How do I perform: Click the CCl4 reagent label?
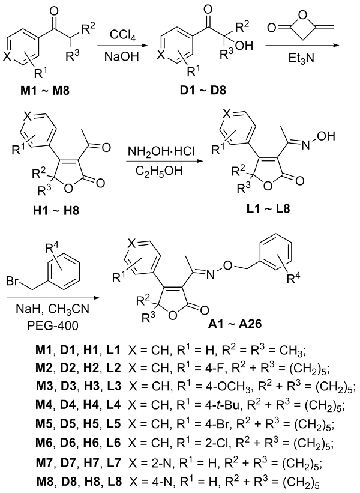pyautogui.click(x=123, y=35)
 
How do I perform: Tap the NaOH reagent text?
pyautogui.click(x=122, y=56)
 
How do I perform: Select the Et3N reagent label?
pyautogui.click(x=301, y=58)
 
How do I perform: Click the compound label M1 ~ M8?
pyautogui.click(x=44, y=91)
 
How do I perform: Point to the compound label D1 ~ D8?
pyautogui.click(x=203, y=91)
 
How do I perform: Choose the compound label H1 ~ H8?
pyautogui.click(x=56, y=210)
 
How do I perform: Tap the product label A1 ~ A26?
pyautogui.click(x=235, y=323)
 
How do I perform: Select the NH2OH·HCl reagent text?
pyautogui.click(x=161, y=152)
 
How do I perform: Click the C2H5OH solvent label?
pyautogui.click(x=159, y=172)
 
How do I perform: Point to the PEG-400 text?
pyautogui.click(x=52, y=326)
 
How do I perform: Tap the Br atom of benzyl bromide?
pyautogui.click(x=12, y=281)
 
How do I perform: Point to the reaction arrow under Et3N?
pyautogui.click(x=302, y=46)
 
